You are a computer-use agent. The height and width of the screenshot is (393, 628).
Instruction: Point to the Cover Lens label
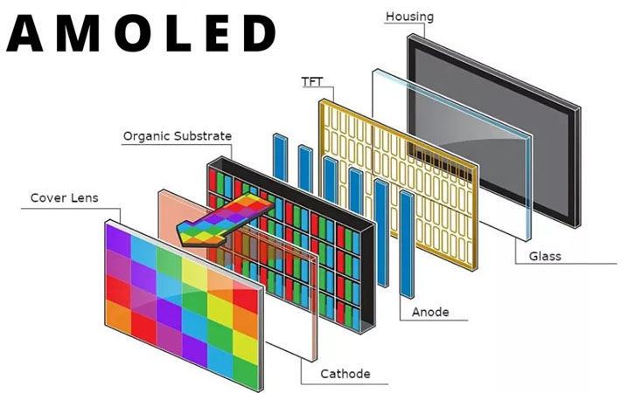65,198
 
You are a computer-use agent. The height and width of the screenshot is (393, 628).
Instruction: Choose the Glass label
545,257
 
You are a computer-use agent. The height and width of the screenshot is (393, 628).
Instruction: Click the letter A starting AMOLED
29,33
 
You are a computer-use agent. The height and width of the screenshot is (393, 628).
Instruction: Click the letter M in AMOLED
76,33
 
